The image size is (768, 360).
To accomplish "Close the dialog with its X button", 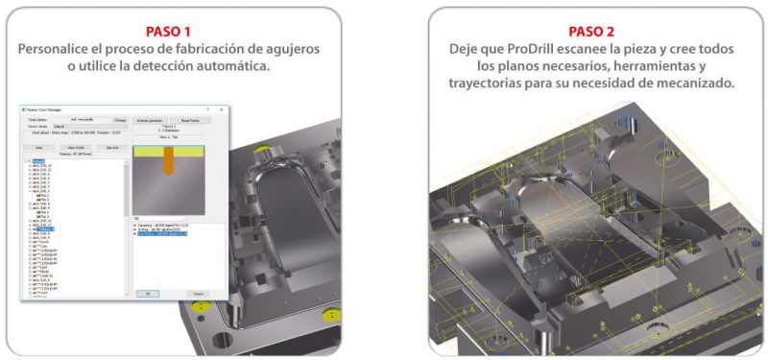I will tap(222, 110).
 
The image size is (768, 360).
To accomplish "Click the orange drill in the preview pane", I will tap(169, 163).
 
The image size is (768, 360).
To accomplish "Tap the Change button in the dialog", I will tap(120, 120).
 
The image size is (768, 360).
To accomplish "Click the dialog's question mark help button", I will tap(206, 110).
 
